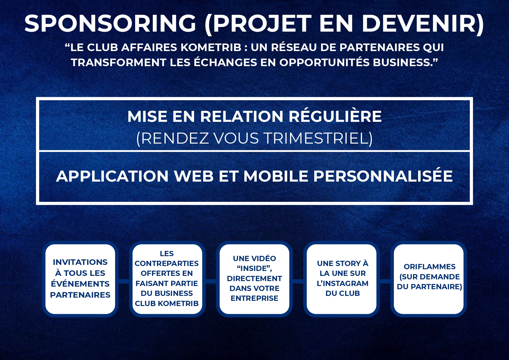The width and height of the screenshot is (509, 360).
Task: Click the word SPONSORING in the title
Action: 111,23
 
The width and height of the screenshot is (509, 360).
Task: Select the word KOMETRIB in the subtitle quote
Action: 211,47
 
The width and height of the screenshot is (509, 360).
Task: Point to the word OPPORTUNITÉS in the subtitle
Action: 325,62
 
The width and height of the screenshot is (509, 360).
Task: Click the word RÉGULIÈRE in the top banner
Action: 335,116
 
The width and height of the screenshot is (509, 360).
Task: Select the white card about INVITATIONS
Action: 80,279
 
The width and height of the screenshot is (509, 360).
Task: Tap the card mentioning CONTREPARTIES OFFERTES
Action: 167,279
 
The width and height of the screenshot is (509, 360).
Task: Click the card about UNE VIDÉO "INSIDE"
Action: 254,279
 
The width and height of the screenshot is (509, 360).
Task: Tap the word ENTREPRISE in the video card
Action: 254,298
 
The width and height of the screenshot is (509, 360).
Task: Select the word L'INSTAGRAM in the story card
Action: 343,283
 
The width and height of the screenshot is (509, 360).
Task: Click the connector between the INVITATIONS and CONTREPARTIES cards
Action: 124,281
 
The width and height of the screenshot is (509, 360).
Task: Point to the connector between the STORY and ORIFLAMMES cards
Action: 385,281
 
